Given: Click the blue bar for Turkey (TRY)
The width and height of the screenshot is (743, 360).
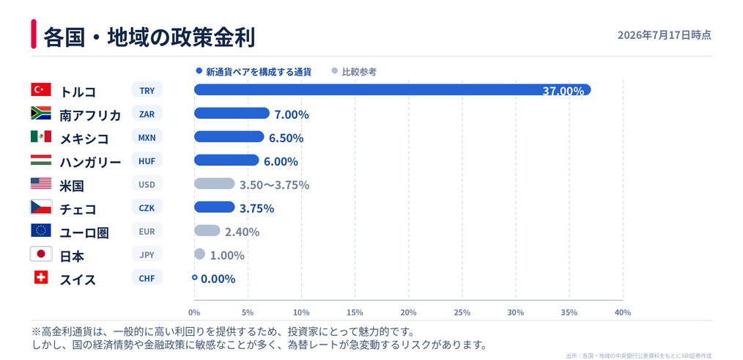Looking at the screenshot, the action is [392, 89].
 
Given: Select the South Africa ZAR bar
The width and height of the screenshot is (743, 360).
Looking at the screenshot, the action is [232, 114].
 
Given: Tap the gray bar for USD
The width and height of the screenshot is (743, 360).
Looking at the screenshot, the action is [214, 183].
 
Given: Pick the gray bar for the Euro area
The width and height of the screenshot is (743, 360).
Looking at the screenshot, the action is [207, 230].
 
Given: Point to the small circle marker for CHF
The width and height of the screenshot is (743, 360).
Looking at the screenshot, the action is [194, 277].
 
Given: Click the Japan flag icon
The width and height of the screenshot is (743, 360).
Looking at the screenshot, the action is [41, 254].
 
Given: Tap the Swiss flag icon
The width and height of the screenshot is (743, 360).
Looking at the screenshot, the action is [41, 277].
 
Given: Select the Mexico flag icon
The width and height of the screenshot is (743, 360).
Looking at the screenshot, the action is [41, 136].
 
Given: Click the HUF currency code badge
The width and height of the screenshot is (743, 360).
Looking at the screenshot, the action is [147, 161].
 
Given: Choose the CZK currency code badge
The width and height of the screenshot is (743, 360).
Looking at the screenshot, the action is [147, 207].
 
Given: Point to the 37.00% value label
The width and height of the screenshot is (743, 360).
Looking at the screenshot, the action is [563, 91].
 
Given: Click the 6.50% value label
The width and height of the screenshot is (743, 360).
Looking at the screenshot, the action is [287, 138].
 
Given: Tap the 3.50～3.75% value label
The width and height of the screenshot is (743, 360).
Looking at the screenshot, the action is [274, 185].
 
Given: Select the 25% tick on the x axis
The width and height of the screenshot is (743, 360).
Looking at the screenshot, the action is [462, 312].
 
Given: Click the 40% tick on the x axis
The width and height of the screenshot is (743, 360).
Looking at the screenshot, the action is [623, 312].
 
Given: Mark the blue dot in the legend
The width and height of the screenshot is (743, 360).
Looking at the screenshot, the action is [199, 71].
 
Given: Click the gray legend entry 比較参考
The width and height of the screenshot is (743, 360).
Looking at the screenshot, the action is [359, 72].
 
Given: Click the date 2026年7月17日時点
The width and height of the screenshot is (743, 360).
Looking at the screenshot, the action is [665, 35].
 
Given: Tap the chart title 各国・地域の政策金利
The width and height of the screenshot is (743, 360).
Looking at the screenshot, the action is [149, 37].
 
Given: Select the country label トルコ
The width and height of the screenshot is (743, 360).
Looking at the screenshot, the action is [78, 92].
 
